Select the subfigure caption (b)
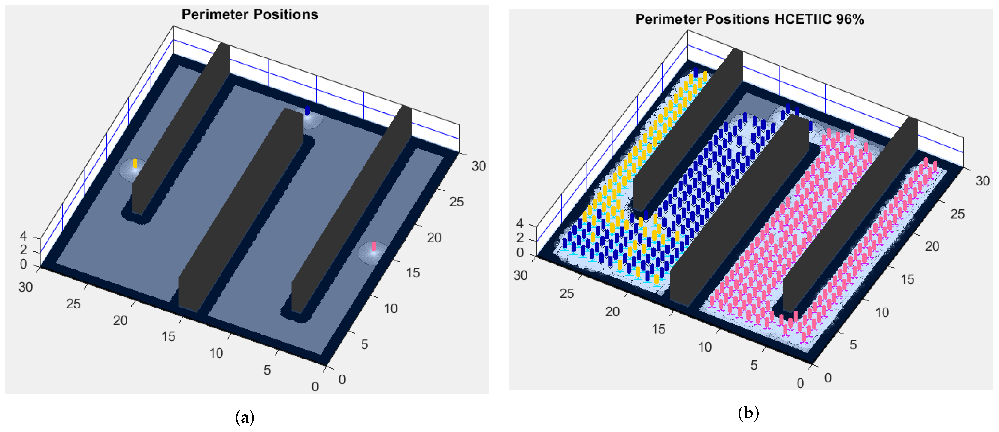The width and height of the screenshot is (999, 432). click(748, 413)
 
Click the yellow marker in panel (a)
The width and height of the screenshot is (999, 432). click(135, 163)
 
